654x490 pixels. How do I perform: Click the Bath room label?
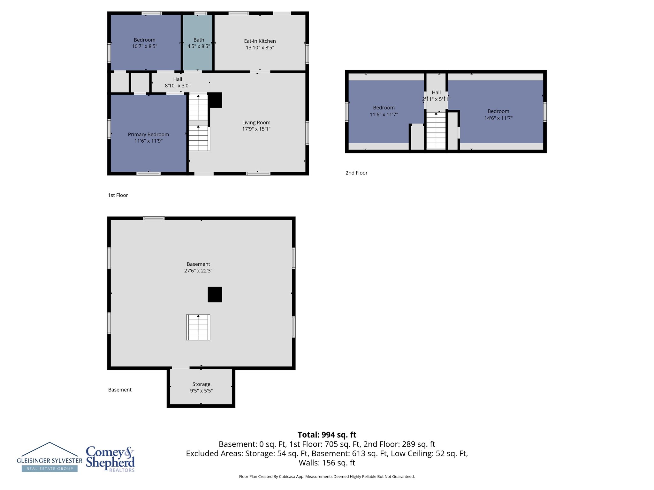pyautogui.click(x=198, y=40)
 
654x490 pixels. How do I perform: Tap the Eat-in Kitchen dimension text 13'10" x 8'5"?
pyautogui.click(x=260, y=48)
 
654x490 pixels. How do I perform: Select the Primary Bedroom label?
pyautogui.click(x=148, y=134)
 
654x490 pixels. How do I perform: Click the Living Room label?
pyautogui.click(x=256, y=122)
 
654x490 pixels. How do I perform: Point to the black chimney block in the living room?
pyautogui.click(x=215, y=100)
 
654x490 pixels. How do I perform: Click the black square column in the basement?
pyautogui.click(x=215, y=294)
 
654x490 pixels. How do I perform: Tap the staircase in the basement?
pyautogui.click(x=198, y=327)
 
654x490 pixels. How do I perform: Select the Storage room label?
pyautogui.click(x=201, y=384)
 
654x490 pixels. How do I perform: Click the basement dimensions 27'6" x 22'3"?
pyautogui.click(x=198, y=271)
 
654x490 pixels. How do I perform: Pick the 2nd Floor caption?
pyautogui.click(x=356, y=173)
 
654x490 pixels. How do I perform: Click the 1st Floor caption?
pyautogui.click(x=118, y=195)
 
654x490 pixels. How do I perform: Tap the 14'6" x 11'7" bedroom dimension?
pyautogui.click(x=498, y=118)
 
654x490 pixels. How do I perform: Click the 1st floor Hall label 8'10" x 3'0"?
pyautogui.click(x=178, y=85)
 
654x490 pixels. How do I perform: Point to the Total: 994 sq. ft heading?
pyautogui.click(x=327, y=434)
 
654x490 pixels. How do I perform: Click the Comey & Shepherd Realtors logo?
pyautogui.click(x=110, y=459)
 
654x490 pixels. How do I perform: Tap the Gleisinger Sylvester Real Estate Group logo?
pyautogui.click(x=49, y=457)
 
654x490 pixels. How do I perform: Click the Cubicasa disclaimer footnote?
pyautogui.click(x=327, y=476)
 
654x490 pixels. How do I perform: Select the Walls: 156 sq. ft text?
pyautogui.click(x=327, y=463)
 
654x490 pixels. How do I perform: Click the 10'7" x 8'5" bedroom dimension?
pyautogui.click(x=144, y=46)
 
